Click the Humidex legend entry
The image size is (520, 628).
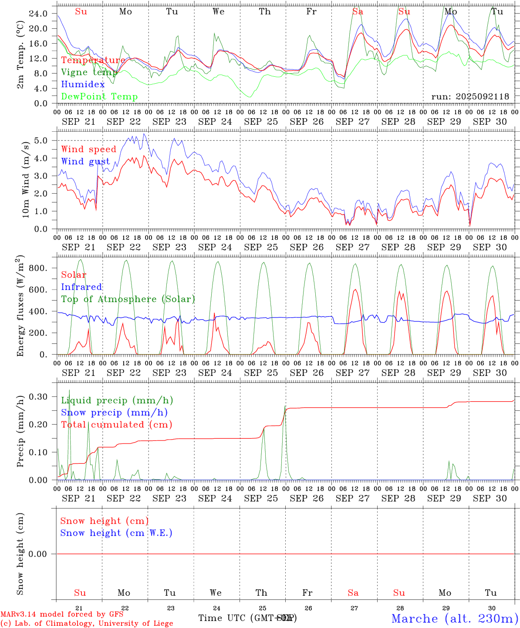click(83, 84)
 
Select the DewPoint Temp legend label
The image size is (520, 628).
click(99, 96)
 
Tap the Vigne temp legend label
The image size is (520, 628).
click(89, 72)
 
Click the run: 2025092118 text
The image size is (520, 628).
click(470, 96)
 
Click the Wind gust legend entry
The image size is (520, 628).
click(85, 161)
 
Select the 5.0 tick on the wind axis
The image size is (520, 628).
click(41, 140)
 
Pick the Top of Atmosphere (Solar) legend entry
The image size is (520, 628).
click(128, 299)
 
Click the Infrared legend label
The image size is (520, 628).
click(81, 287)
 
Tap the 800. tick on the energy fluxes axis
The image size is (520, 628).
click(37, 268)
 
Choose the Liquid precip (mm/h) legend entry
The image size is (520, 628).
click(117, 400)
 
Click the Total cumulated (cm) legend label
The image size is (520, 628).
click(116, 424)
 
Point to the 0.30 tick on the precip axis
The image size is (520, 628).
click(37, 396)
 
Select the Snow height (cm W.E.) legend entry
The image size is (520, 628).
click(116, 532)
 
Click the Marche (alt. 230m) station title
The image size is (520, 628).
click(455, 618)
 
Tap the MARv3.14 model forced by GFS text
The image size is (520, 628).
click(62, 614)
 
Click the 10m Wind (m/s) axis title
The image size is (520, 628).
click(26, 178)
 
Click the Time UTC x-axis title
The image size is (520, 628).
click(247, 618)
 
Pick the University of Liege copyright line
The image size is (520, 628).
click(87, 623)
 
